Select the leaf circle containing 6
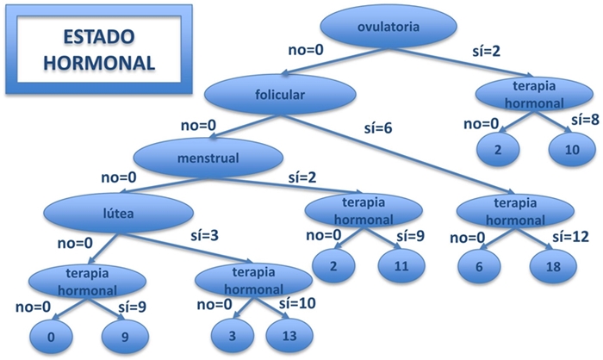click(x=480, y=267)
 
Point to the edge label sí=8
click(x=582, y=120)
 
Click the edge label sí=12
click(x=569, y=235)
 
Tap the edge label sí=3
click(x=204, y=234)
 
